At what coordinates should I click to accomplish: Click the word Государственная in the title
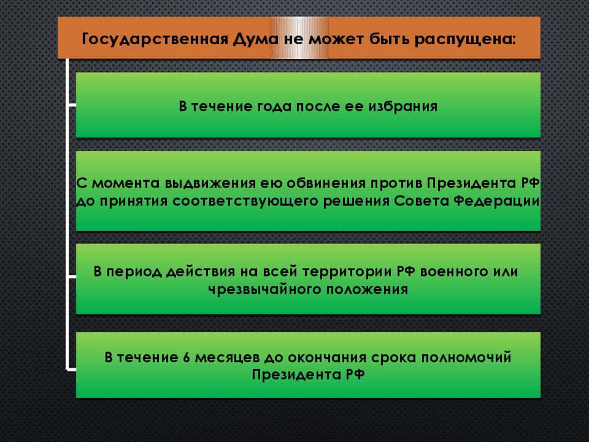[x=155, y=39]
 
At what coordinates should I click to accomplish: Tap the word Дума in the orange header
[x=256, y=39]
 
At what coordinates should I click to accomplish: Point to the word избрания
[x=402, y=107]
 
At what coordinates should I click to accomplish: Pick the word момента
[x=126, y=184]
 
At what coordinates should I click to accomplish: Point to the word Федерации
[x=496, y=201]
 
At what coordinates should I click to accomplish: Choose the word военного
[x=453, y=271]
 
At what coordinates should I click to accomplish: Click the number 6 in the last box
[x=187, y=357]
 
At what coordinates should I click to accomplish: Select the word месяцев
[x=227, y=358]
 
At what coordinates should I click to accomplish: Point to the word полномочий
[x=466, y=357]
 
